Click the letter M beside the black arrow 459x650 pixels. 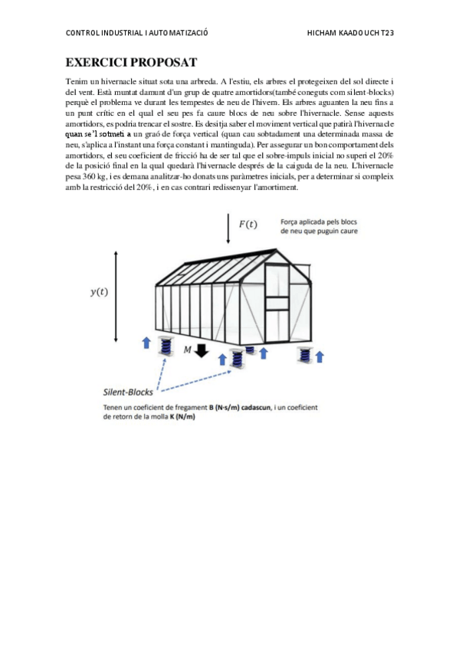point(187,350)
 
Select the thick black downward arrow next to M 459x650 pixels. point(202,351)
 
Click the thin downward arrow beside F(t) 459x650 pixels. point(228,228)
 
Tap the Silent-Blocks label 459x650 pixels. point(127,390)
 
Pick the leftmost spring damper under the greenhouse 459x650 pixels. point(166,346)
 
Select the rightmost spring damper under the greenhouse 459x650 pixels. point(303,354)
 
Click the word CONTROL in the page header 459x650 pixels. point(84,33)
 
